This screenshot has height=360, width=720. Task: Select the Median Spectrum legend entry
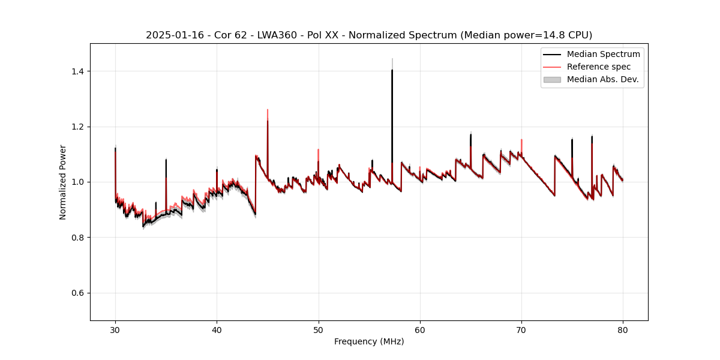tap(603, 54)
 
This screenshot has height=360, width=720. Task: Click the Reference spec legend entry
tap(598, 67)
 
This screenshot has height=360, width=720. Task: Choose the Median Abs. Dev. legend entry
tap(602, 79)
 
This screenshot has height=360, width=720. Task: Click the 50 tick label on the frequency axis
tap(318, 329)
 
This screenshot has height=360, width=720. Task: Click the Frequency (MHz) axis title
tap(369, 341)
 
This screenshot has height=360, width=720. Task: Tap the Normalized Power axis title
tap(62, 182)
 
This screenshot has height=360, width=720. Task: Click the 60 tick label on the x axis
tap(420, 329)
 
